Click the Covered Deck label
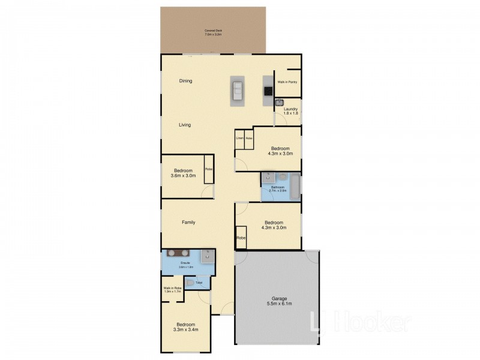(x=213, y=32)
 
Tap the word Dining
(x=185, y=80)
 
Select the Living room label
(x=185, y=125)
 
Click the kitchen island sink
(x=238, y=91)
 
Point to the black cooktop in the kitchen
(x=267, y=92)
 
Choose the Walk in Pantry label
(x=287, y=82)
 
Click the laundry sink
(x=279, y=103)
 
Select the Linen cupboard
(x=239, y=139)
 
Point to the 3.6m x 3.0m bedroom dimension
(x=184, y=176)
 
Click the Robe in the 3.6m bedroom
(x=209, y=169)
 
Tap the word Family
(x=188, y=223)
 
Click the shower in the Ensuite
(x=208, y=256)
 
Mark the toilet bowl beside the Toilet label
(x=191, y=283)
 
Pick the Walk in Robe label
(x=172, y=289)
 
